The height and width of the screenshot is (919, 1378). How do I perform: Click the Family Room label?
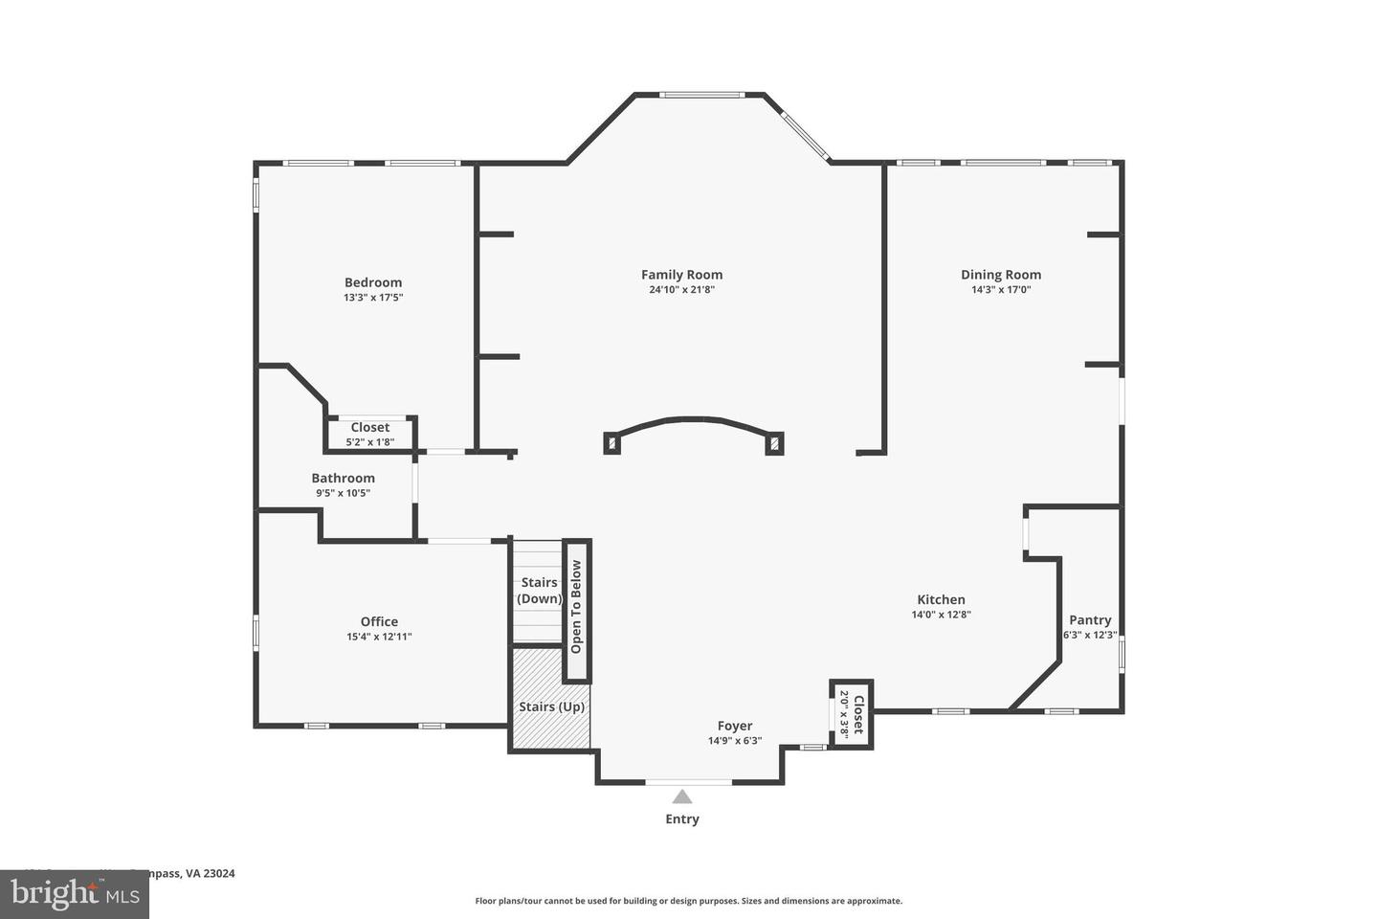point(681,275)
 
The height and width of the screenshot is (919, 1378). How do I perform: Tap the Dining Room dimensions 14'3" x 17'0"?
point(1001,290)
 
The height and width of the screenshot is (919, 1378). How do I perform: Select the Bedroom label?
point(373,282)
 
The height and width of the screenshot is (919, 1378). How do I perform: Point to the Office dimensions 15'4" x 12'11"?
point(379,637)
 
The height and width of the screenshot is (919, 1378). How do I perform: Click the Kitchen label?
point(941,599)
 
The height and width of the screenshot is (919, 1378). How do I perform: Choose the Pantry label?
point(1090,619)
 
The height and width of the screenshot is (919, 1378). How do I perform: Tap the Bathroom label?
point(343,478)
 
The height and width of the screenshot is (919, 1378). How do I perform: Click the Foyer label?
point(735,726)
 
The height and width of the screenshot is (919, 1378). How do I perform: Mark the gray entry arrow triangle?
point(681,796)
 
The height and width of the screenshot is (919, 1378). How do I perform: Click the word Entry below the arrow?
point(682,819)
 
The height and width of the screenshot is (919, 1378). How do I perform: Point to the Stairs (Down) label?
point(539,591)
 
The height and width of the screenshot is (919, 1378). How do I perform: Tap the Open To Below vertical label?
point(576,607)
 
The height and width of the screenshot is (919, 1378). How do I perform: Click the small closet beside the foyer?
point(851,713)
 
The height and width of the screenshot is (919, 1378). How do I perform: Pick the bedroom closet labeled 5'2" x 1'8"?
point(370,434)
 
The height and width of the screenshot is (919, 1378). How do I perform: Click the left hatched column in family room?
point(612,443)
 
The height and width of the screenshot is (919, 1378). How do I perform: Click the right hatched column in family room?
point(773,443)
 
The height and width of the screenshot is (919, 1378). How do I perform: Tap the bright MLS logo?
point(74,894)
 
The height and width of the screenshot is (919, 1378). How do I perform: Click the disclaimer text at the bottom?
point(688,901)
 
